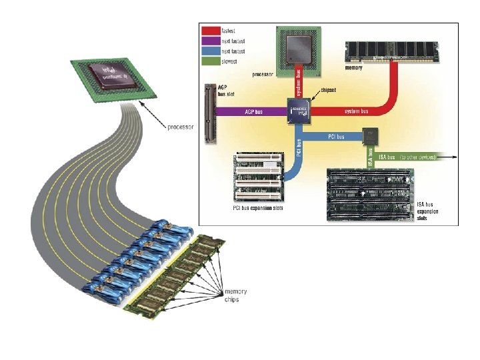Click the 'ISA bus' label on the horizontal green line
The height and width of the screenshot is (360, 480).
click(x=386, y=157)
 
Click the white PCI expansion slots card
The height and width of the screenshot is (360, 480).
click(x=260, y=178)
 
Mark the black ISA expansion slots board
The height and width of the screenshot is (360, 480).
click(x=370, y=194)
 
